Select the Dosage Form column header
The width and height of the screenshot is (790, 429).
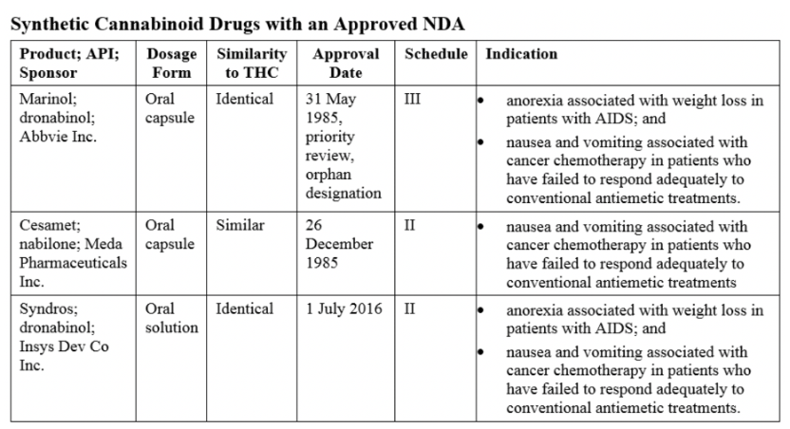[x=171, y=63]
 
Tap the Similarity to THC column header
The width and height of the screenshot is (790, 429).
[x=252, y=63]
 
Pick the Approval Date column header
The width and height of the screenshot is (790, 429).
[x=346, y=63]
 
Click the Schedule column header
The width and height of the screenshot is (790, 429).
[x=436, y=54]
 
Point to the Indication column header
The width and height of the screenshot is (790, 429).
[x=521, y=54]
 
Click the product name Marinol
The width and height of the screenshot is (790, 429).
[x=47, y=99]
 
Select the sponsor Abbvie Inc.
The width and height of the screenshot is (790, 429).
[x=58, y=137]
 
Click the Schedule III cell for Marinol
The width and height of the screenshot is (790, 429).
[x=412, y=99]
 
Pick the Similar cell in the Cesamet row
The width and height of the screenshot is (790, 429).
[x=240, y=225]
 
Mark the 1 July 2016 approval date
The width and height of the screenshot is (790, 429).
[x=344, y=308]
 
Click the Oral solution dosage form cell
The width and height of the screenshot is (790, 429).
[x=171, y=318]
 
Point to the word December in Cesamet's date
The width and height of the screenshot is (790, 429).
[x=339, y=244]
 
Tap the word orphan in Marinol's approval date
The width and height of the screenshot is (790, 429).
[x=328, y=175]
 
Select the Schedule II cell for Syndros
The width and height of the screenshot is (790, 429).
[x=409, y=308]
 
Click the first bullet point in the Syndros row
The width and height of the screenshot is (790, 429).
[x=480, y=310]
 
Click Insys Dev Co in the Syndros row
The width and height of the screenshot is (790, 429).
[x=64, y=346]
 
